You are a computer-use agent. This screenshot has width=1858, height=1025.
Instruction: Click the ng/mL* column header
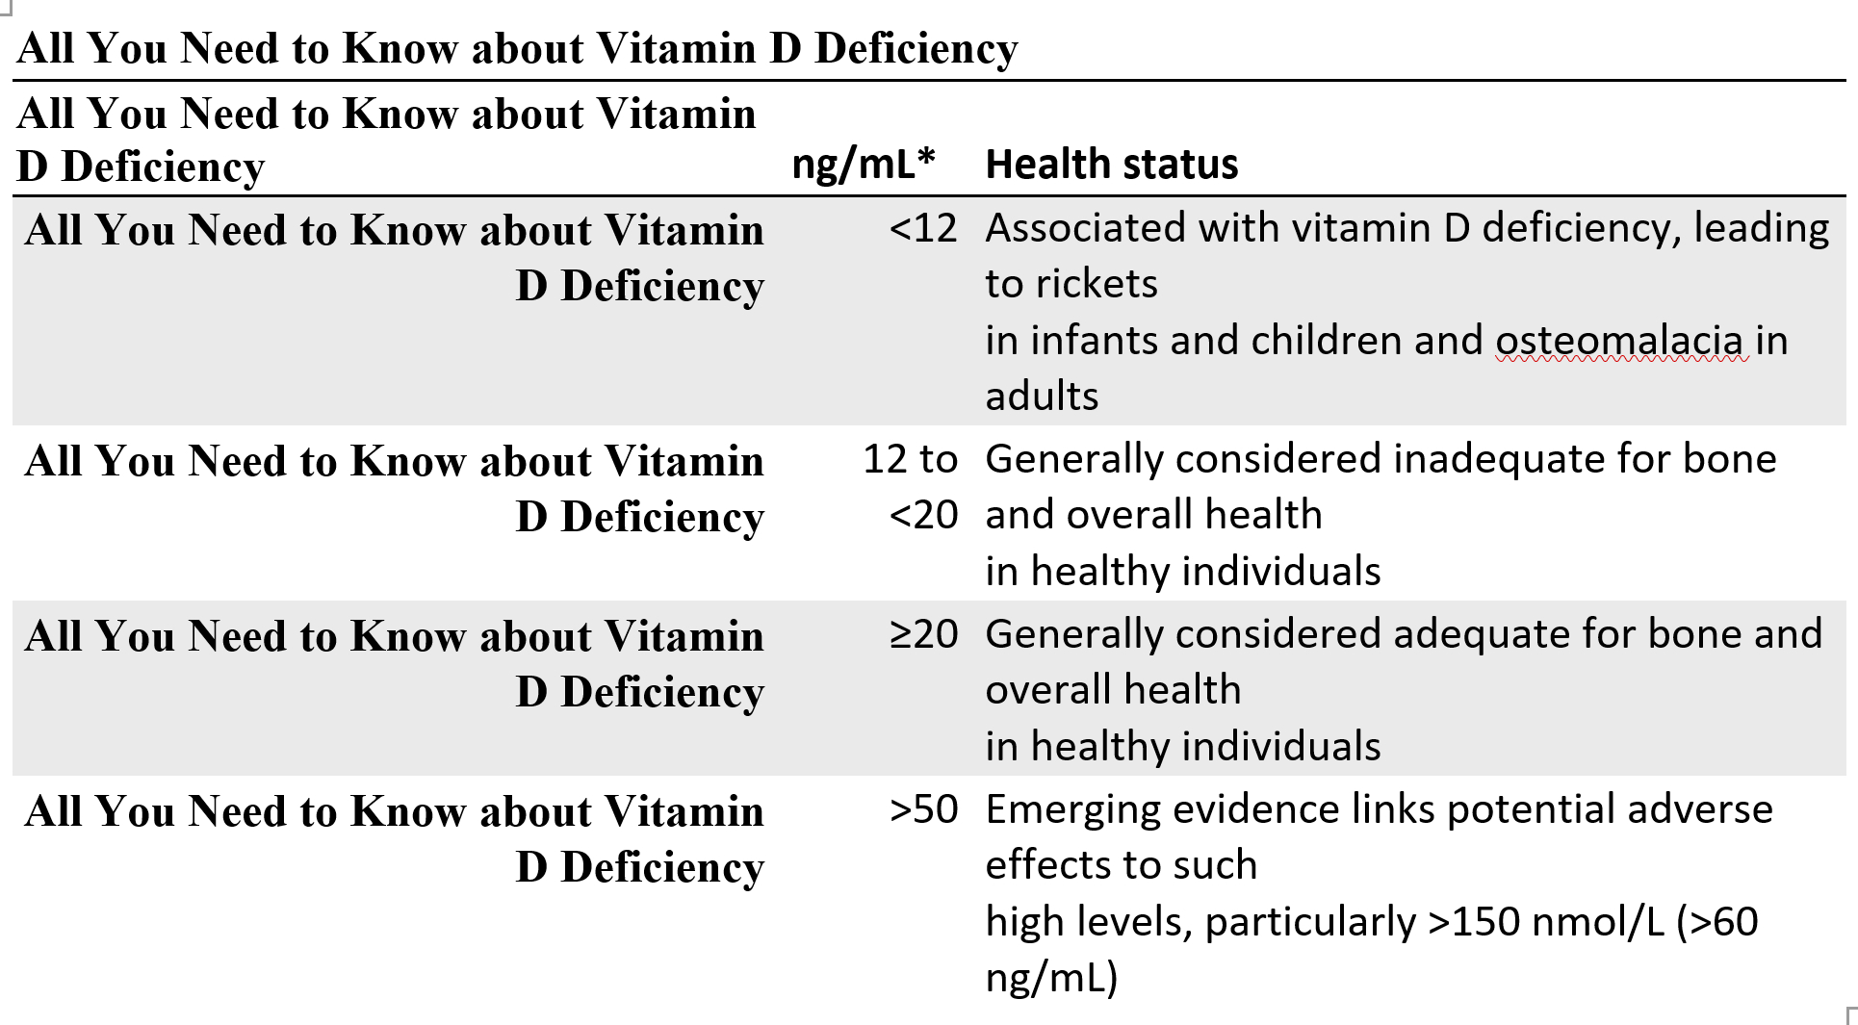click(x=863, y=165)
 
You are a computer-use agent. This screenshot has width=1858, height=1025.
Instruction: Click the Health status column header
click(x=1111, y=165)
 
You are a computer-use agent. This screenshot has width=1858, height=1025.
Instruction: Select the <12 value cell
click(x=922, y=229)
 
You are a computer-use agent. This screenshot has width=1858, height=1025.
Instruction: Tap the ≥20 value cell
click(x=922, y=634)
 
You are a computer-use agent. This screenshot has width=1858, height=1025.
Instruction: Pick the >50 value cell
click(x=922, y=809)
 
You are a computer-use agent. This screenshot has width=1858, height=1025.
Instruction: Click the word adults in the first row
click(x=1041, y=397)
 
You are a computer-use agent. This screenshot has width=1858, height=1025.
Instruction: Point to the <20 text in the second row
click(x=922, y=516)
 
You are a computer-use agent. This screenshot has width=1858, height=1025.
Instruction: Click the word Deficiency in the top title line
click(x=916, y=48)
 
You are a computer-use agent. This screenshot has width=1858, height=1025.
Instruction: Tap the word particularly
click(x=1310, y=922)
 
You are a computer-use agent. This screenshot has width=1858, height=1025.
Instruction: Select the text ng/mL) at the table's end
click(x=1050, y=978)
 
